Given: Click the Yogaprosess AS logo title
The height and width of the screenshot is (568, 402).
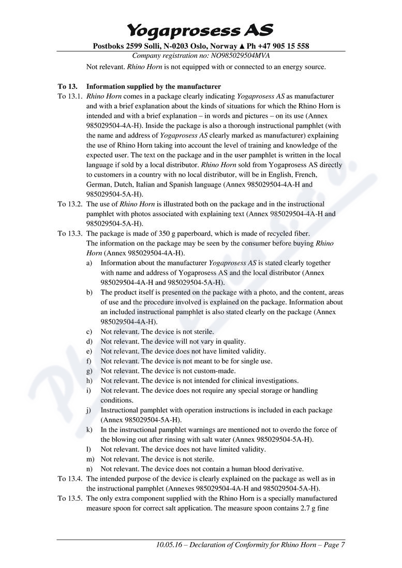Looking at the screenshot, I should coord(200,29).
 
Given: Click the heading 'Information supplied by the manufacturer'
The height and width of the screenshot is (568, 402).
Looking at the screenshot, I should coord(153,86).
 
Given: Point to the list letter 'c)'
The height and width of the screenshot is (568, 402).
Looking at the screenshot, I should coord(90,331).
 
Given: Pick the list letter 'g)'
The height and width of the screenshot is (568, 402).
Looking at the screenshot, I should coord(90,371).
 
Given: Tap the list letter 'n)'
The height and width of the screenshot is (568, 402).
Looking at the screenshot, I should coord(90,469).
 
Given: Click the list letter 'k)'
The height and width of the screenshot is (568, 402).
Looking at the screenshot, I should coord(90,429).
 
